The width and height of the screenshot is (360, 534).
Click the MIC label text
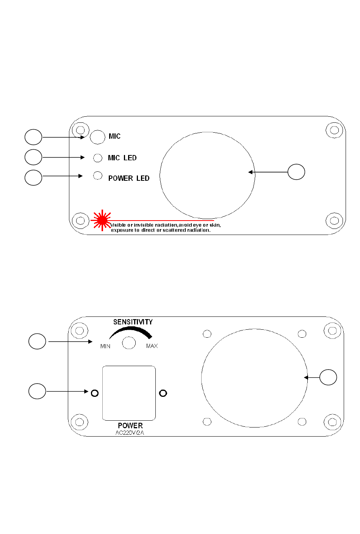point(114,136)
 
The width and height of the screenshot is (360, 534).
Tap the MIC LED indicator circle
point(98,158)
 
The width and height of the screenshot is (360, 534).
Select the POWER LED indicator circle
point(98,175)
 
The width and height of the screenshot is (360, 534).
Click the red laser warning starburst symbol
point(102,220)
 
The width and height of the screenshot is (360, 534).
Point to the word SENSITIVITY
point(133,322)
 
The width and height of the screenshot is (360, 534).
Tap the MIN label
point(105,346)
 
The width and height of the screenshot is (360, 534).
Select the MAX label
point(152,346)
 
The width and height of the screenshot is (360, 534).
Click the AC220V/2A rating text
point(130,433)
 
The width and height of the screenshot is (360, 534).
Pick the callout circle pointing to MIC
point(33,137)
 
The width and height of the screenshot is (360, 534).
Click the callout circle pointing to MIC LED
point(33,157)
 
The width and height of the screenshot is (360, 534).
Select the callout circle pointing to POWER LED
point(33,178)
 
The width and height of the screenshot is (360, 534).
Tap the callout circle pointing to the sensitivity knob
point(37,341)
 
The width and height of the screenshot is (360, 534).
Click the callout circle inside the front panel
point(296,172)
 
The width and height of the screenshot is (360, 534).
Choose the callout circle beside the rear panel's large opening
point(328,377)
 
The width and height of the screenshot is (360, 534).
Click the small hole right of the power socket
point(163,393)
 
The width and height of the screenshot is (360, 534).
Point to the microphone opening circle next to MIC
point(97,137)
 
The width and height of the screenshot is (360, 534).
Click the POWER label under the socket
point(130,426)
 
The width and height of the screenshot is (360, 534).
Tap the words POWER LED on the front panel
point(129,178)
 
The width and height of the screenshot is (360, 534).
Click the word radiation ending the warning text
point(199,230)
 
